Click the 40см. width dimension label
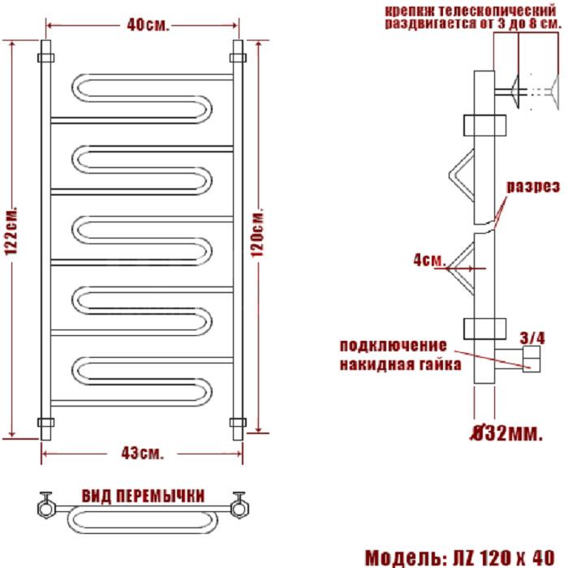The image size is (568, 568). [x=148, y=25]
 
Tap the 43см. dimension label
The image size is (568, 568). [x=142, y=453]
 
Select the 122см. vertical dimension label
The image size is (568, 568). [x=11, y=231]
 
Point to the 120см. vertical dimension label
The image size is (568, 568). [x=257, y=233]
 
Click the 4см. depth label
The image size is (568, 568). [x=429, y=260]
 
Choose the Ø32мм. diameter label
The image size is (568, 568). [x=507, y=432]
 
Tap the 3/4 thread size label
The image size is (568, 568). [x=532, y=338]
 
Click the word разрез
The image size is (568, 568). [x=533, y=187]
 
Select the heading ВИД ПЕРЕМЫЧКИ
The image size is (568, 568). [x=143, y=496]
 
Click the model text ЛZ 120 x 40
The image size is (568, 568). [x=504, y=557]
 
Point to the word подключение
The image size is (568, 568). [x=394, y=346]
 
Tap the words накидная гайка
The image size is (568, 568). [x=401, y=364]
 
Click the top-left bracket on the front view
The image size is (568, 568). [x=46, y=58]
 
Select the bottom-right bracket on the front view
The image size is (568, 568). [x=238, y=423]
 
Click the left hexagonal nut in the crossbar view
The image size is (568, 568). [x=46, y=508]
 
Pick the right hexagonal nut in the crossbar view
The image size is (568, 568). [x=239, y=508]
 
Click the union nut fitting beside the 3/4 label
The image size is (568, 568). [x=531, y=359]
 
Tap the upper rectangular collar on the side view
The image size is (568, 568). [x=484, y=125]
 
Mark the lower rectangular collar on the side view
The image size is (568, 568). [x=484, y=329]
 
